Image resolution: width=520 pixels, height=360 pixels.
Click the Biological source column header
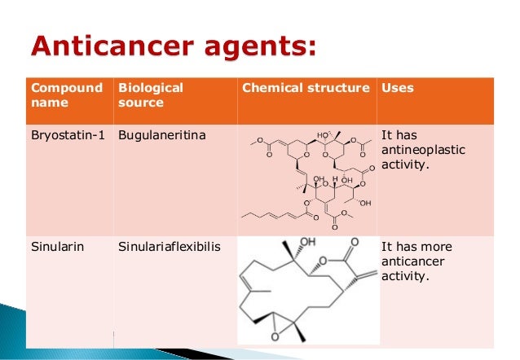pyautogui.click(x=151, y=95)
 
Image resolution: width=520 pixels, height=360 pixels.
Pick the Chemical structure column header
pyautogui.click(x=306, y=88)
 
